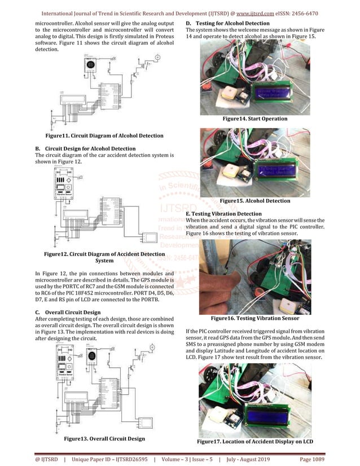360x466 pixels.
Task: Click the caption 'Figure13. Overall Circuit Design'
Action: tap(104, 438)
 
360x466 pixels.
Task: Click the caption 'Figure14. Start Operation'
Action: tap(255, 118)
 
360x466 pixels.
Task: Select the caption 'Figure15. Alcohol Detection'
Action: tap(255, 201)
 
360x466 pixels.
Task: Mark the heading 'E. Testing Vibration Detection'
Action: tap(223, 214)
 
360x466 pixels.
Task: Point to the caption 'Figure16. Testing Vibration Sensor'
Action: tap(255, 318)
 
